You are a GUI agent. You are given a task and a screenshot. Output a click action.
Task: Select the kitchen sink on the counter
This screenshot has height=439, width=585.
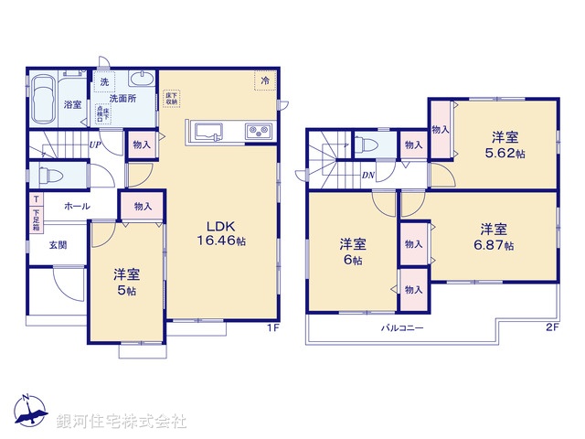(x=203, y=131)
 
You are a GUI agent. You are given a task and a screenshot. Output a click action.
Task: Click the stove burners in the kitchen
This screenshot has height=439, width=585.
(x=258, y=133)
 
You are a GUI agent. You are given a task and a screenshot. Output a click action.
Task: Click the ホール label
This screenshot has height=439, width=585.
(x=76, y=207)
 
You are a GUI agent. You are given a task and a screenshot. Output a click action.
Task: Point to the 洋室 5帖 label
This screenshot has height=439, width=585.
(x=126, y=282)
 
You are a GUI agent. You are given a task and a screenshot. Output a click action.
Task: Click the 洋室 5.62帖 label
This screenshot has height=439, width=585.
(x=506, y=145)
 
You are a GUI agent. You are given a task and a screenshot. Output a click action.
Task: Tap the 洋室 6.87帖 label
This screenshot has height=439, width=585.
(x=495, y=237)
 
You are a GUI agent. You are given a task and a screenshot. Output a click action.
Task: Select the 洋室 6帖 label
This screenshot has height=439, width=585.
(x=354, y=252)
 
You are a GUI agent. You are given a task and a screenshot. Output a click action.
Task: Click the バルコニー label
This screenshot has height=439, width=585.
(x=402, y=327)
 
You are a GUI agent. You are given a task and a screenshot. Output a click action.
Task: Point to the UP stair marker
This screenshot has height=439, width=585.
(x=94, y=145)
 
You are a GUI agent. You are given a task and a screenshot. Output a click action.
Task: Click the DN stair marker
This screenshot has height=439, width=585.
(x=367, y=176)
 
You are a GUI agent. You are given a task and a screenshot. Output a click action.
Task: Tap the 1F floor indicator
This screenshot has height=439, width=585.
(x=271, y=327)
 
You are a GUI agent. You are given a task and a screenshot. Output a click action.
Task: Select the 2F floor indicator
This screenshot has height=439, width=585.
(x=551, y=327)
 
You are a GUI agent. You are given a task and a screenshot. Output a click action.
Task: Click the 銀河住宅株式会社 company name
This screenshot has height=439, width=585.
(x=121, y=422)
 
